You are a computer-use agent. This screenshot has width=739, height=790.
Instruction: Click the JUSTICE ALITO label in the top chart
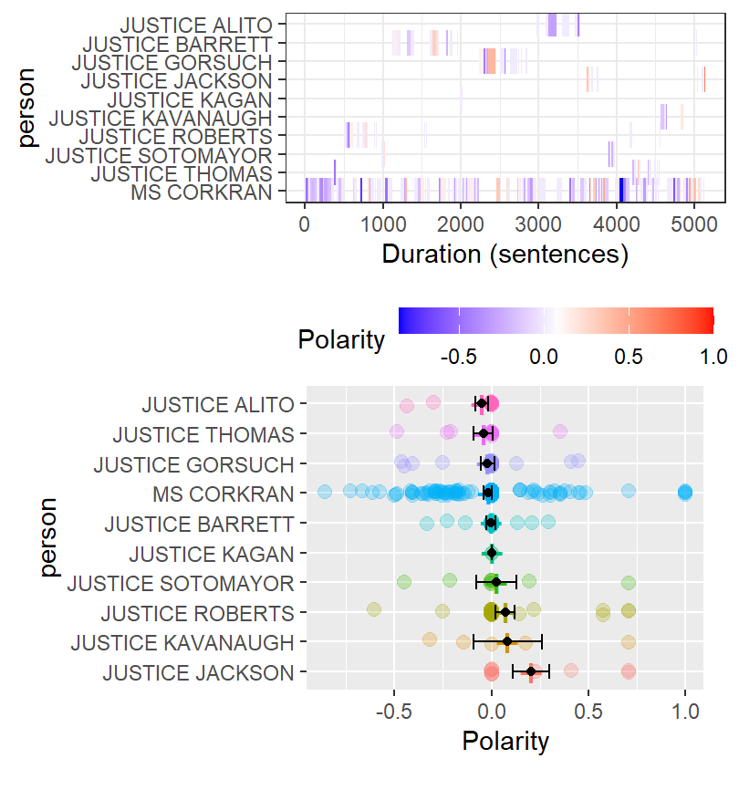pyautogui.click(x=198, y=25)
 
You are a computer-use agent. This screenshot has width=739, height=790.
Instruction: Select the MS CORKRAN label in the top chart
pyautogui.click(x=201, y=192)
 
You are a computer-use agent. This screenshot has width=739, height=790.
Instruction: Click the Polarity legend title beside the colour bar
pyautogui.click(x=341, y=341)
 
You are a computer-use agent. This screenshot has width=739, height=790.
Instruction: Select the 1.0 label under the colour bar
pyautogui.click(x=713, y=355)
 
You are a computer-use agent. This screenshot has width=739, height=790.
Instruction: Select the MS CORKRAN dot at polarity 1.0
pyautogui.click(x=685, y=493)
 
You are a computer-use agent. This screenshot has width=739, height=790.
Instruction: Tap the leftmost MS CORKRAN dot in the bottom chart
pyautogui.click(x=324, y=493)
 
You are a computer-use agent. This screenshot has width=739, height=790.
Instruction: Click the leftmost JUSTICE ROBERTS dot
pyautogui.click(x=373, y=609)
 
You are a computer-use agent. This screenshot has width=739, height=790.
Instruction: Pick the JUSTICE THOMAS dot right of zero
pyautogui.click(x=559, y=431)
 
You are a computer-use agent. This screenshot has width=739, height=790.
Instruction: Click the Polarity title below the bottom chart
pyautogui.click(x=505, y=741)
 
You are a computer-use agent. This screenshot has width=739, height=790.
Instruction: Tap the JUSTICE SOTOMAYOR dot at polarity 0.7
pyautogui.click(x=628, y=582)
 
